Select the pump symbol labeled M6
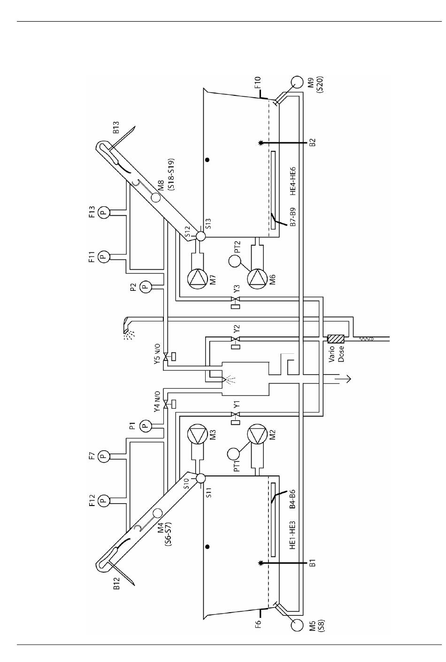tap(258, 279)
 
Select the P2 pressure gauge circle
tap(145, 286)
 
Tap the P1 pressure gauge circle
tap(145, 426)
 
